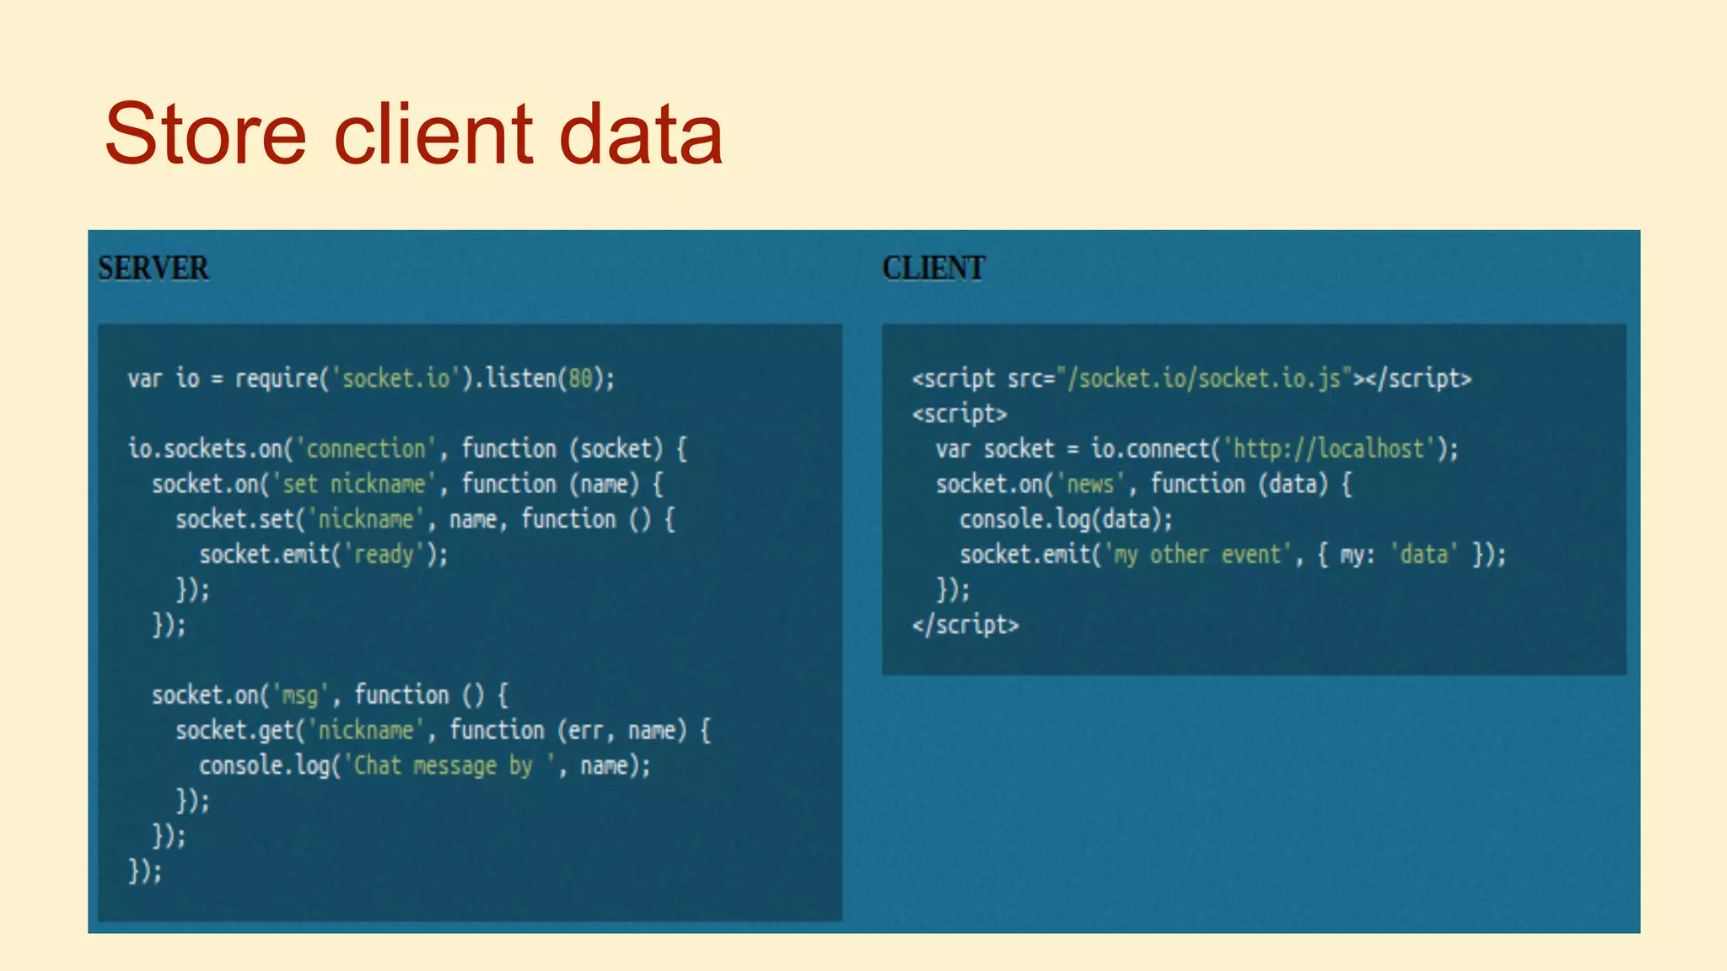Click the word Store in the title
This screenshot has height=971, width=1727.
[205, 135]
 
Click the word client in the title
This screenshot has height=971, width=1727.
[434, 135]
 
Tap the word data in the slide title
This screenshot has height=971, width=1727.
[641, 135]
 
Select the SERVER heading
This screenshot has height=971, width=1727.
[153, 269]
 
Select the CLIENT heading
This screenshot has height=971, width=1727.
[933, 269]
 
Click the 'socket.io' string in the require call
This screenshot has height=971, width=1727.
[395, 378]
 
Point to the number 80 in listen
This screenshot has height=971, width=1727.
[580, 378]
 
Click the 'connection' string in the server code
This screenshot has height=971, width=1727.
[366, 448]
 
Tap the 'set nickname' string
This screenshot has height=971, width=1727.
[354, 484]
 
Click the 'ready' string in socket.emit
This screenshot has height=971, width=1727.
[384, 555]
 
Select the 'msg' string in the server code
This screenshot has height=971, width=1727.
[299, 695]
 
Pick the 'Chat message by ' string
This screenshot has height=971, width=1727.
[449, 765]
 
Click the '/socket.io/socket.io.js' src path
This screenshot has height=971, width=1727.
[1203, 378]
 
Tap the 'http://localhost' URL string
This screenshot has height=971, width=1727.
[1329, 448]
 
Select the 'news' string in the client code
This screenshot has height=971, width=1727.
[1090, 484]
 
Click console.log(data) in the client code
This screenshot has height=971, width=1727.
[1066, 519]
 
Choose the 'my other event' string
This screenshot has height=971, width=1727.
[1197, 555]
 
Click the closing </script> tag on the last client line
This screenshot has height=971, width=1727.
[966, 625]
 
